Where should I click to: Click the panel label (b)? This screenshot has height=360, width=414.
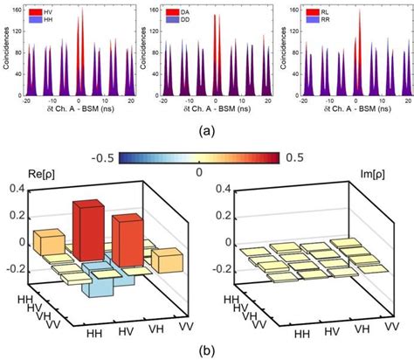point(207,350)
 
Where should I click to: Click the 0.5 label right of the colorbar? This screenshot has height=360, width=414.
point(291,157)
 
